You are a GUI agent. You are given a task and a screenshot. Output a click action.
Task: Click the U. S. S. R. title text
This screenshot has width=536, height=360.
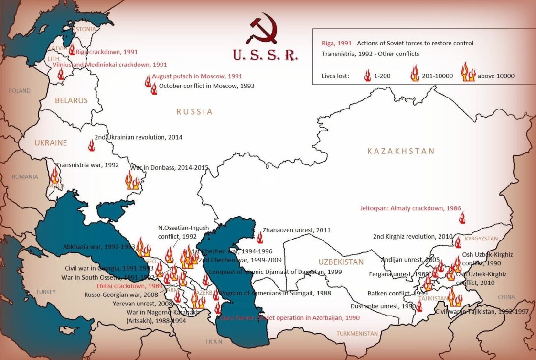(265, 55)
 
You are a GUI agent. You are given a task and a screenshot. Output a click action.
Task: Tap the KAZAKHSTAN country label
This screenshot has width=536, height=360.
(401, 151)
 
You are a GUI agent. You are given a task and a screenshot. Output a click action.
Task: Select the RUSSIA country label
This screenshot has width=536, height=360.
(194, 112)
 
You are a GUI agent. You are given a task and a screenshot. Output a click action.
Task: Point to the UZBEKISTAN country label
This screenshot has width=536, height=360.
(341, 262)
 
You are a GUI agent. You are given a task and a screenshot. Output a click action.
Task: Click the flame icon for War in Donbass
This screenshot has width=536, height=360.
(132, 182)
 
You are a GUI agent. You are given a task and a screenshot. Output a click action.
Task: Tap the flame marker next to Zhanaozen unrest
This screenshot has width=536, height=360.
(260, 238)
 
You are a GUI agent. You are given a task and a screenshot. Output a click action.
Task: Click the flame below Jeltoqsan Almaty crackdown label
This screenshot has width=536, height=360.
(461, 218)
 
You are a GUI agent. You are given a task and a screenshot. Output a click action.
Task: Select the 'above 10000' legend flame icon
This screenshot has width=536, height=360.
(468, 73)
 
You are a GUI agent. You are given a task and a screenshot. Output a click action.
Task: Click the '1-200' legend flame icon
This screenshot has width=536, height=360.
(367, 75)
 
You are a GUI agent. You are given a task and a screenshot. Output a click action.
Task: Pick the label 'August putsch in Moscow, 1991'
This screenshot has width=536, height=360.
(197, 76)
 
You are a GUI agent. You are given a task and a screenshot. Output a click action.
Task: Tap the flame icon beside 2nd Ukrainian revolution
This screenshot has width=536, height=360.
(92, 145)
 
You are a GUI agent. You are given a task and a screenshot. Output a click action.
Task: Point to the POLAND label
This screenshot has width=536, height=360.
(19, 91)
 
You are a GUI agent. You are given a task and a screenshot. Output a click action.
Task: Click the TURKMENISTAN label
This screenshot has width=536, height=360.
(357, 333)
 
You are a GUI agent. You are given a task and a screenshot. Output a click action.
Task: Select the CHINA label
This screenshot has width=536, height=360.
(506, 297)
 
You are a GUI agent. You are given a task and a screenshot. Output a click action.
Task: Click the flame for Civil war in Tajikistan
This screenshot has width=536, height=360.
(454, 298)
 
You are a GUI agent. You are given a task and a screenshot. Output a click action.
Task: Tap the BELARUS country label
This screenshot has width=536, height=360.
(71, 101)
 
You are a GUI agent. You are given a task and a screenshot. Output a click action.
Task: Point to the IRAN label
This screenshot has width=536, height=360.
(214, 342)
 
